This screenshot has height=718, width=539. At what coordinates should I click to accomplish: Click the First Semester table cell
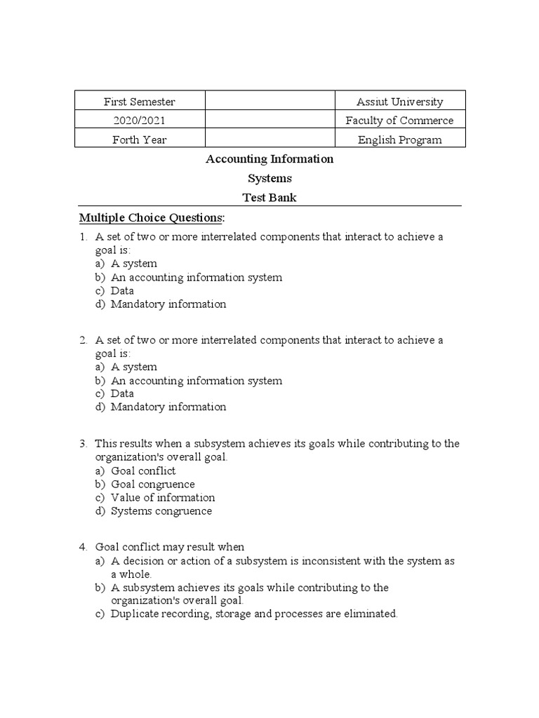coord(139,102)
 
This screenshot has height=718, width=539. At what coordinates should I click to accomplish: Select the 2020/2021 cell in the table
coord(139,121)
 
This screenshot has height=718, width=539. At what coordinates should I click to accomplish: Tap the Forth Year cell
coord(139,140)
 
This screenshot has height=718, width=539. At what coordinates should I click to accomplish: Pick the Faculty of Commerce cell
coord(399,121)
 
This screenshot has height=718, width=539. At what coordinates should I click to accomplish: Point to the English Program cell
coord(399,140)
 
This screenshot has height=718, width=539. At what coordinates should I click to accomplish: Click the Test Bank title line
coord(269,198)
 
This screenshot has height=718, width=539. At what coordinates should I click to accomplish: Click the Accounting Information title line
coord(269,159)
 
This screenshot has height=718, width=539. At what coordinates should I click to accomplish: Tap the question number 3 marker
coord(83,444)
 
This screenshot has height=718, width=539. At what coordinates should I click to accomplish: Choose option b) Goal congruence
coord(152,485)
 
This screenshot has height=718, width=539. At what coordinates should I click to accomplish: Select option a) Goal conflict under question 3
coord(143,471)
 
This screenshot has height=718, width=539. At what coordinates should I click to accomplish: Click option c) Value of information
coord(163,498)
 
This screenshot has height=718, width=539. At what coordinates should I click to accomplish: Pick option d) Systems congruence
coord(161,511)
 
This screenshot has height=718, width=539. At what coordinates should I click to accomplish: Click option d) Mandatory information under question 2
coord(168,407)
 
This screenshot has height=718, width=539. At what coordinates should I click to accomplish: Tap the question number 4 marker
coord(83,547)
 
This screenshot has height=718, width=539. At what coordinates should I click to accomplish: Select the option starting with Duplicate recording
coord(254,614)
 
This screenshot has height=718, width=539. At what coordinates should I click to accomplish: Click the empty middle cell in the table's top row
coord(269,102)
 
